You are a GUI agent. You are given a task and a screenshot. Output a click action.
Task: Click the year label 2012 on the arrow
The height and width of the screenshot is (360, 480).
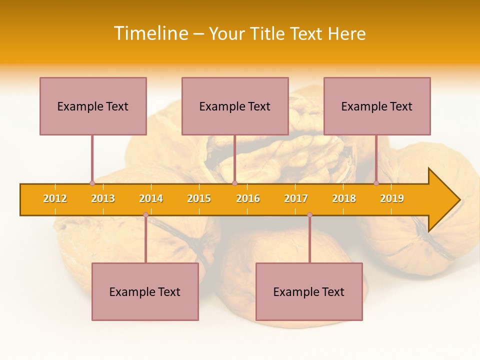55,198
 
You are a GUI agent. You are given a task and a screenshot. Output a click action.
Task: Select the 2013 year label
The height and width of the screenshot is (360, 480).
103,198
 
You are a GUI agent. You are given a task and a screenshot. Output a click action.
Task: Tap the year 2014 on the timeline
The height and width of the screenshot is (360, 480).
151,198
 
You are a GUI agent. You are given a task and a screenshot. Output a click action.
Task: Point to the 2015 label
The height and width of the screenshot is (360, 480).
199,198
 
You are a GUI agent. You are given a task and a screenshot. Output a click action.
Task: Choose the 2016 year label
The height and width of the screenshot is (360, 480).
248,198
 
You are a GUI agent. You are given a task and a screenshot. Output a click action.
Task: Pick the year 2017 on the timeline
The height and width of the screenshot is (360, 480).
296,198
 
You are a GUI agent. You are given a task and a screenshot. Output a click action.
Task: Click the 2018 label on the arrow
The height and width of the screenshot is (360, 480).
344,198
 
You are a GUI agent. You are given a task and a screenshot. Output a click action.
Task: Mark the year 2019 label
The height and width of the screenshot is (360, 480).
392,198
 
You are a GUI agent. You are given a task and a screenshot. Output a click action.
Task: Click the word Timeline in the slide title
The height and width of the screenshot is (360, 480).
149,33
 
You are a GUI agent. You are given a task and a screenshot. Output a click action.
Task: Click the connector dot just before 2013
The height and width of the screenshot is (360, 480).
92,183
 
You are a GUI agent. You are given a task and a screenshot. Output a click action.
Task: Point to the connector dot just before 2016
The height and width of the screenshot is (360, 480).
234,183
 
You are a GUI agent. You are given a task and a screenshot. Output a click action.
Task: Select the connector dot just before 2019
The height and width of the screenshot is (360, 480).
376,183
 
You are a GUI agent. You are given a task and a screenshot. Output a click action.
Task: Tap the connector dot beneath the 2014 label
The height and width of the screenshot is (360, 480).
145,215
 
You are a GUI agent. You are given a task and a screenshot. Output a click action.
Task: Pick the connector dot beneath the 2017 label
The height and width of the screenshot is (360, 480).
309,215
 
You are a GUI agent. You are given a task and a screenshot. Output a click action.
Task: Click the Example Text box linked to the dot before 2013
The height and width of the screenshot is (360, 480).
93,106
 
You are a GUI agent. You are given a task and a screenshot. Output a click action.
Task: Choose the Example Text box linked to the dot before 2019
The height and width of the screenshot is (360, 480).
377,106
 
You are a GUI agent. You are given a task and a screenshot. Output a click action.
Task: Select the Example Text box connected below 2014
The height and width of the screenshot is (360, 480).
145,291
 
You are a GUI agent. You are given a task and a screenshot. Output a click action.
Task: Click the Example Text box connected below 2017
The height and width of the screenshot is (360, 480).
309,291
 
